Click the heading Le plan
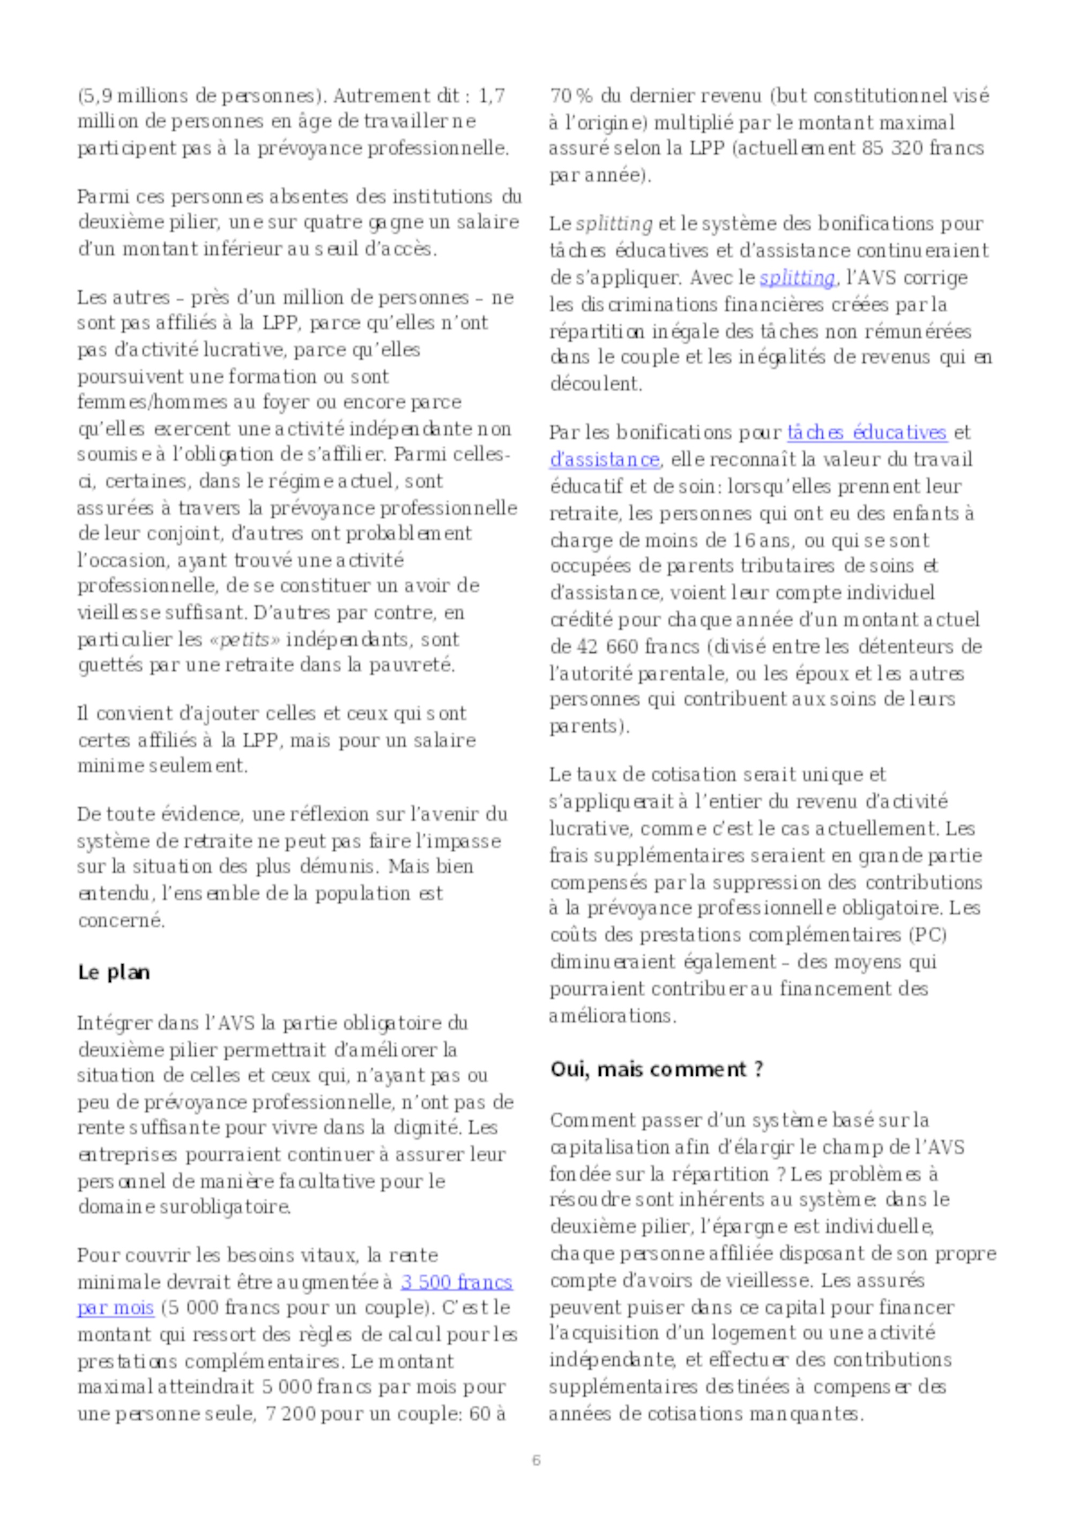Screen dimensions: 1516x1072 tap(114, 973)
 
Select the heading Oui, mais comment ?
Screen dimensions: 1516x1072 tap(657, 1069)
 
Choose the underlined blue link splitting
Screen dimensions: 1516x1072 tap(797, 278)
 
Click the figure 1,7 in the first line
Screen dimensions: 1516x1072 tap(491, 96)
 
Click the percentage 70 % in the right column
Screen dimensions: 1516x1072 tap(571, 96)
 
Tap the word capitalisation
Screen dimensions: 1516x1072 tap(608, 1147)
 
